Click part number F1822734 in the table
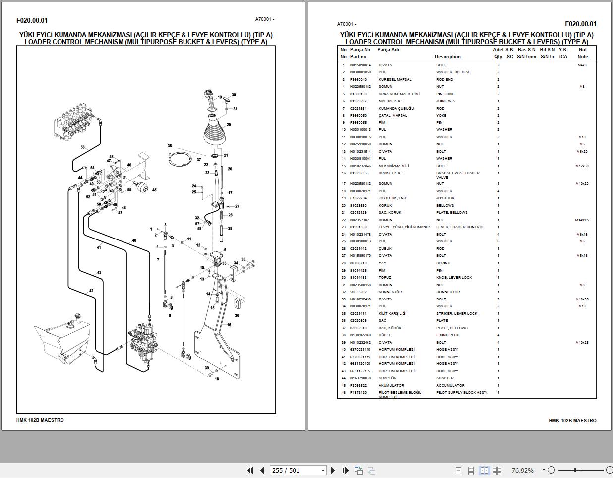358,198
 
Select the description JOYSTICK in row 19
445,198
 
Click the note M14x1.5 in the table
582,220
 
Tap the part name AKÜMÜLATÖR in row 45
391,385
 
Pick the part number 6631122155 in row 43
360,371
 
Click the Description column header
447,57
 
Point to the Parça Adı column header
388,50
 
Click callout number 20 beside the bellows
229,125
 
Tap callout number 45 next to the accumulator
154,190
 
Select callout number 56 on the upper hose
83,147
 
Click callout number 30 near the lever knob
234,95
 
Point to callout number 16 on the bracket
229,325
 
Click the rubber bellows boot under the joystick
215,134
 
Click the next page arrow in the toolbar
333,470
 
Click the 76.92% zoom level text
522,470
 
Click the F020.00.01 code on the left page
32,20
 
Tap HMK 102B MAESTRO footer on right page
572,420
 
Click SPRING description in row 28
443,263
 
